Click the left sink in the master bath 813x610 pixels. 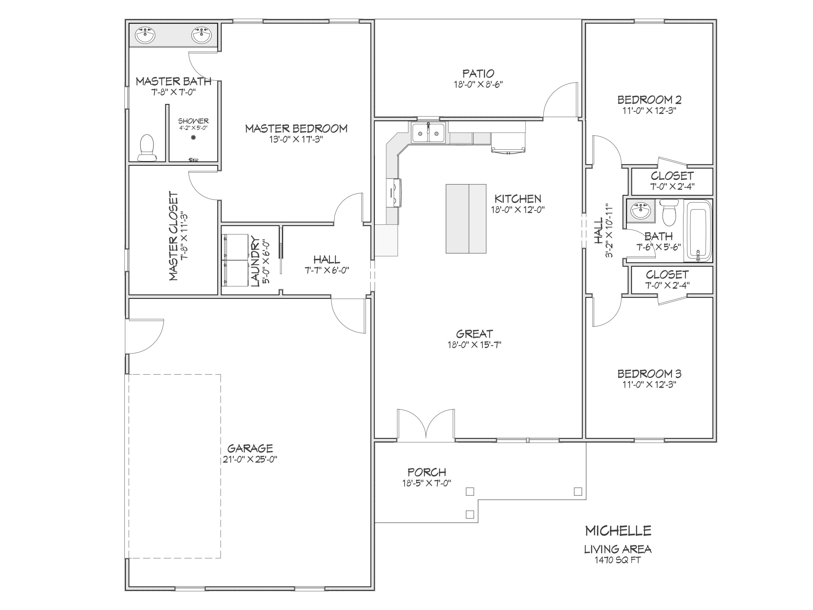point(145,35)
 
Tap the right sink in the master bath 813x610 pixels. point(201,35)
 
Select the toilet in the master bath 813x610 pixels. point(147,148)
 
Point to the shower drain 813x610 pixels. point(193,138)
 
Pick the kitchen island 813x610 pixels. point(466,219)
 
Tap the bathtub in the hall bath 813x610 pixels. point(698,231)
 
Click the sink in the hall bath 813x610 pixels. point(641,211)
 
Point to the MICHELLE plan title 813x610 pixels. point(618,531)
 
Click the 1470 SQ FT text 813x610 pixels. point(617,560)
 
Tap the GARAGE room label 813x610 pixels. point(250,448)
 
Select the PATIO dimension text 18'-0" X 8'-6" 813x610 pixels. point(478,84)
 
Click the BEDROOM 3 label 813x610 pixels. point(649,374)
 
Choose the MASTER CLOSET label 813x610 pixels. point(173,236)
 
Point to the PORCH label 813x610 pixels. point(427,472)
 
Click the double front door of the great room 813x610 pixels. point(426,425)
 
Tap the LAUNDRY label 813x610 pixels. point(255,262)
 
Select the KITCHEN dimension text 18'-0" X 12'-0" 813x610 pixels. point(518,210)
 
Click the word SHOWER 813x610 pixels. point(193,121)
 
